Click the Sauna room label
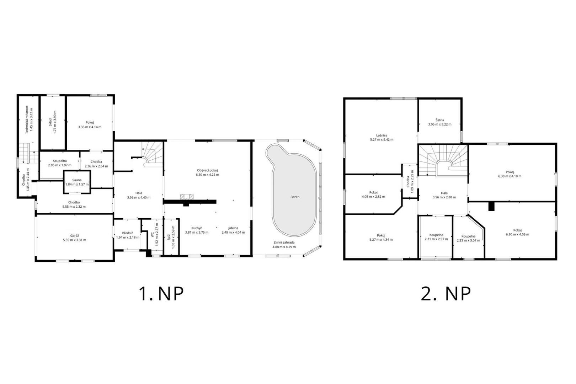pyautogui.click(x=77, y=180)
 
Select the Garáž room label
pyautogui.click(x=75, y=236)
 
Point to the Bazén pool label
pyautogui.click(x=295, y=197)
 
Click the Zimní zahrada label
pyautogui.click(x=284, y=242)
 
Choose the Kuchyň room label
pyautogui.click(x=197, y=228)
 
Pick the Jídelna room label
pyautogui.click(x=233, y=228)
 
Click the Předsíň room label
pyautogui.click(x=128, y=233)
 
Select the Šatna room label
pyautogui.click(x=440, y=120)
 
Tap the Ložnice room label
pyautogui.click(x=382, y=135)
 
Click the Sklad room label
pyautogui.click(x=50, y=122)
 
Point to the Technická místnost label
pyautogui.click(x=27, y=119)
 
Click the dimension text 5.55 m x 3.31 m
pyautogui.click(x=75, y=240)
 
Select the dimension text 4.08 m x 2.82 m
pyautogui.click(x=373, y=197)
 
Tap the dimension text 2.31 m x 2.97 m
pyautogui.click(x=436, y=239)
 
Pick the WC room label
pyautogui.click(x=152, y=234)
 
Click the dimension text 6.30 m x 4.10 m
pyautogui.click(x=510, y=176)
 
